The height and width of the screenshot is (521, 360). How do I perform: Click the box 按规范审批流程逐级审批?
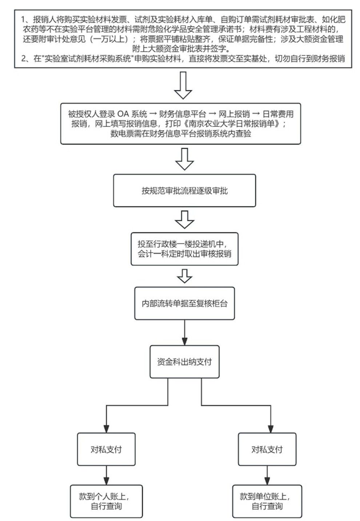pyautogui.click(x=184, y=191)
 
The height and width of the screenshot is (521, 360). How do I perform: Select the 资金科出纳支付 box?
pyautogui.click(x=184, y=361)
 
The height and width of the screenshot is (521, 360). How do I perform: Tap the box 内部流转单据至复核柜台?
pyautogui.click(x=184, y=303)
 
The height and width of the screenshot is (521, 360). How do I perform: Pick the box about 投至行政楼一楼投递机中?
pyautogui.click(x=184, y=249)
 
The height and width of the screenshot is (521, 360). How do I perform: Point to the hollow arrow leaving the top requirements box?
pyautogui.click(x=183, y=85)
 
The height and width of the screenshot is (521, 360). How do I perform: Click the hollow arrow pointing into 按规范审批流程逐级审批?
pyautogui.click(x=184, y=159)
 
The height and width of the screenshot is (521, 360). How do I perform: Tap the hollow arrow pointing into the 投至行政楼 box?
pyautogui.click(x=184, y=219)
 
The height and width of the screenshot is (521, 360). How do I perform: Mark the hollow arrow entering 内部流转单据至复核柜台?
pyautogui.click(x=184, y=276)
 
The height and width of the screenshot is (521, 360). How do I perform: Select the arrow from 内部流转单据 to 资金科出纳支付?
pyautogui.click(x=184, y=333)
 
